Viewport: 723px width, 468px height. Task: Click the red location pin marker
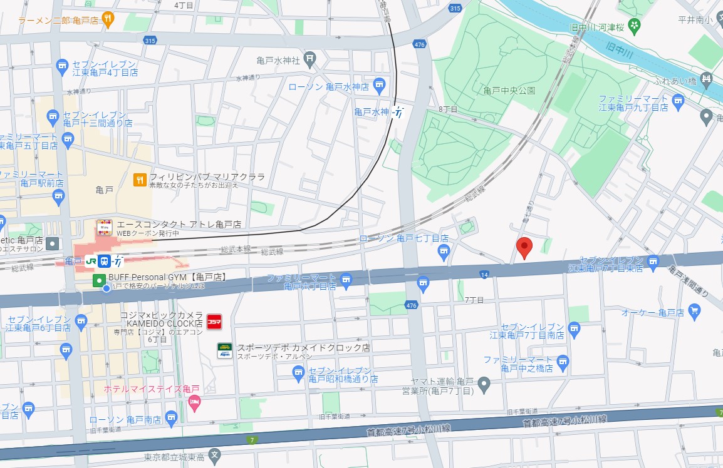click(x=524, y=247)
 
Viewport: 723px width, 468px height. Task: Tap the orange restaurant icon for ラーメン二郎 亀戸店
click(x=108, y=19)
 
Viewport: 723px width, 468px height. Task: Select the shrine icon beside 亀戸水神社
click(x=309, y=60)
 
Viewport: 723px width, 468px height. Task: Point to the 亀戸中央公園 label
click(x=509, y=91)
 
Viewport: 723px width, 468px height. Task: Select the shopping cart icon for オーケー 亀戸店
click(x=694, y=310)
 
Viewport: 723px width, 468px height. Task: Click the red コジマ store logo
click(x=214, y=321)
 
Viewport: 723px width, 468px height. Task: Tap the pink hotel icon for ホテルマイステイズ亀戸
click(x=194, y=400)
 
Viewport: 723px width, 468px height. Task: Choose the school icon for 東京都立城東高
click(x=215, y=455)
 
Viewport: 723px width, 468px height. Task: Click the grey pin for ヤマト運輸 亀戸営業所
click(x=483, y=382)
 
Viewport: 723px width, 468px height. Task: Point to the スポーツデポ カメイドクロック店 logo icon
click(x=224, y=350)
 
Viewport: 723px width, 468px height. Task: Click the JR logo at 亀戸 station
click(x=91, y=261)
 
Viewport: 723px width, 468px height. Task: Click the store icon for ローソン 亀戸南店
click(x=172, y=418)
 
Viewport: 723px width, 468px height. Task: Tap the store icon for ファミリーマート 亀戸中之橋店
click(x=563, y=361)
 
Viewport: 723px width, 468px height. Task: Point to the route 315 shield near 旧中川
click(x=455, y=8)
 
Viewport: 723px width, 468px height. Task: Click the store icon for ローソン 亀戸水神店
click(x=379, y=84)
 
